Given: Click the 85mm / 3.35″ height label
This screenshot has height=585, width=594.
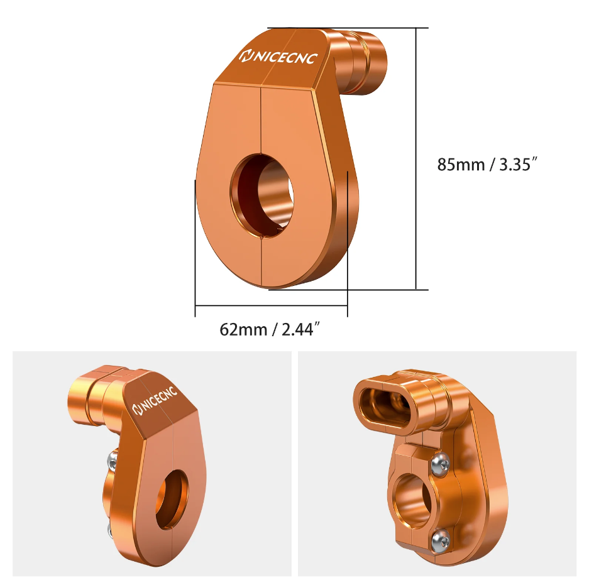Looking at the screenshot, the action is click(488, 165).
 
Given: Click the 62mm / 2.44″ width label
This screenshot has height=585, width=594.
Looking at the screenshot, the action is click(270, 329).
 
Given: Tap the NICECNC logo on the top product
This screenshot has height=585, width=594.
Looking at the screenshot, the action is click(278, 57).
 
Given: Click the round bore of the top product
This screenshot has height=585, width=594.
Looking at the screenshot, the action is click(261, 196).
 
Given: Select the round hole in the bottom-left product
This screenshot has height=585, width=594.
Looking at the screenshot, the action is click(172, 500).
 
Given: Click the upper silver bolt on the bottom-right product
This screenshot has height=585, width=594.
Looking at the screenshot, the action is click(441, 462).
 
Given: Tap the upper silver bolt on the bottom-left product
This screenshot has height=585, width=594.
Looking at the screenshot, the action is click(112, 460).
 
